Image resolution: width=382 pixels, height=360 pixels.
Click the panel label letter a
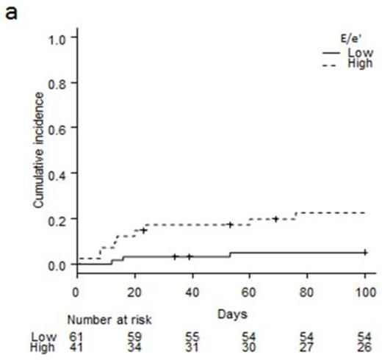[x=11, y=12]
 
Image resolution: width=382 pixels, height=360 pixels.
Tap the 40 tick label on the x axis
[x=192, y=291]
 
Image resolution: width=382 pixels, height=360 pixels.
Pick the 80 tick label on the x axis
[x=307, y=291]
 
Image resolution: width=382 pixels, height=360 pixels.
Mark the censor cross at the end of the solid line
[x=364, y=252]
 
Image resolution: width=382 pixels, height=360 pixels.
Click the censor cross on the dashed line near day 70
[x=275, y=218]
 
